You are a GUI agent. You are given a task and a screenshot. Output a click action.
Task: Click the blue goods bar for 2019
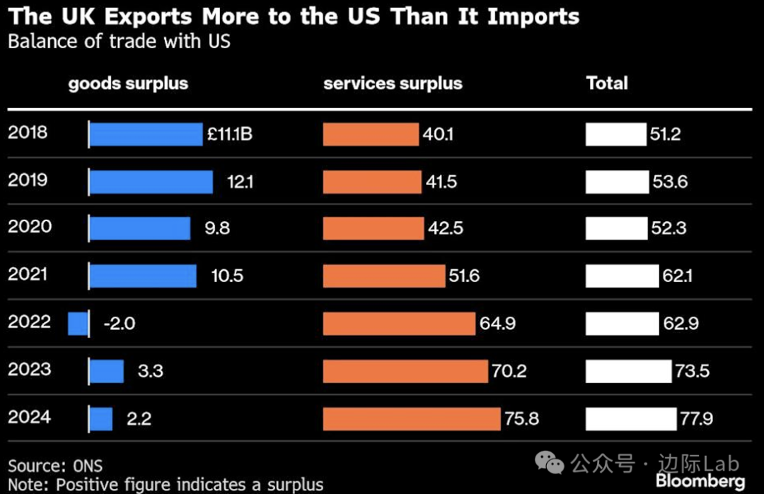click(x=151, y=182)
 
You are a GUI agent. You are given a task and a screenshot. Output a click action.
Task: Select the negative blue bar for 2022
click(x=78, y=324)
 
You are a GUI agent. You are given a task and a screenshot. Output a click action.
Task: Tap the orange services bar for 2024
click(x=412, y=418)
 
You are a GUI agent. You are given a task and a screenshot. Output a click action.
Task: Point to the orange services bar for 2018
click(x=371, y=134)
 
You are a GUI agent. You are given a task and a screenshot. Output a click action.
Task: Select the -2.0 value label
click(x=119, y=324)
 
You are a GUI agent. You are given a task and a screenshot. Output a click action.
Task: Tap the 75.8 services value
click(x=522, y=418)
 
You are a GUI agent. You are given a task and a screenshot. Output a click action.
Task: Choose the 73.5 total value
click(x=692, y=371)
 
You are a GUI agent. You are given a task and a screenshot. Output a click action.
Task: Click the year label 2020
click(x=30, y=227)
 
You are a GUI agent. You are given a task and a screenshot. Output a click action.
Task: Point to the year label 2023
click(x=30, y=369)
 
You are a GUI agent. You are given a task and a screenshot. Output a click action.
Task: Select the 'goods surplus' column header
click(x=128, y=83)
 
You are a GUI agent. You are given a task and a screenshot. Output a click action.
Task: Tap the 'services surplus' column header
click(x=393, y=83)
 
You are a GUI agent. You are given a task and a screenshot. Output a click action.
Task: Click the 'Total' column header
click(x=607, y=83)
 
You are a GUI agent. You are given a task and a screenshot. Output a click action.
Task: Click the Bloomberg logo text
click(x=700, y=481)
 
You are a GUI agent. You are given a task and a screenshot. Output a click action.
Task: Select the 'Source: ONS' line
click(x=55, y=466)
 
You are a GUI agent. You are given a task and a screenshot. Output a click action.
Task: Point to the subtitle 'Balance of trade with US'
click(x=119, y=41)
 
